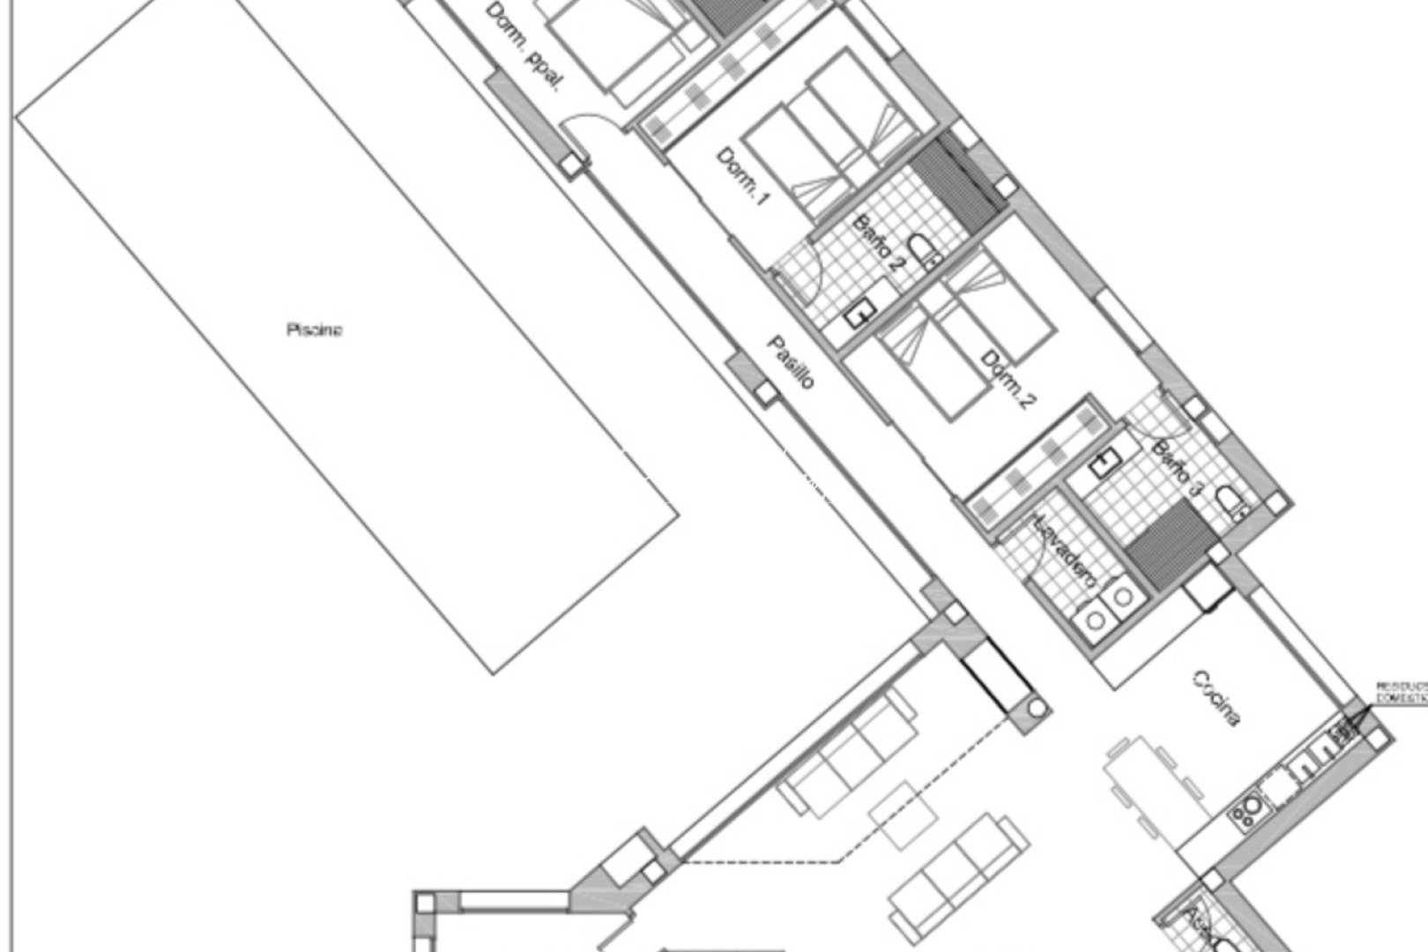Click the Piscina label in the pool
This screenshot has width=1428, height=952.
coord(314,331)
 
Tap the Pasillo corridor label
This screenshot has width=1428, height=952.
coord(790,362)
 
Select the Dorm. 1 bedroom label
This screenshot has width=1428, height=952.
coord(742,177)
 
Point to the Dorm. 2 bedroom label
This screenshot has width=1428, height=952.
coord(1008,381)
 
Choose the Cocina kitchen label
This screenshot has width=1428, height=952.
coord(1217,699)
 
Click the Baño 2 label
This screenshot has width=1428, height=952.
coord(878,243)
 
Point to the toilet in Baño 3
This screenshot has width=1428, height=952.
coord(1231,502)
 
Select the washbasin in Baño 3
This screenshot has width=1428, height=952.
coord(1104,463)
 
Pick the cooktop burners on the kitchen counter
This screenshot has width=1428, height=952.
coord(1248,809)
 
